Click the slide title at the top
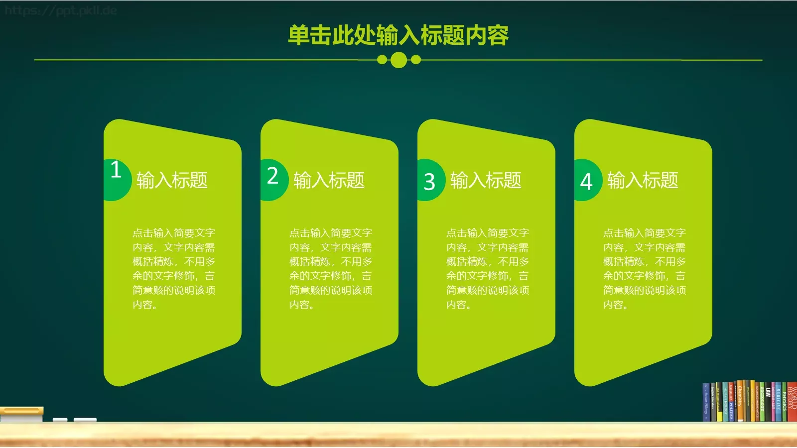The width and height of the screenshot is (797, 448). pos(398,35)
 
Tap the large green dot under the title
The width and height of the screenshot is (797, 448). pos(398,60)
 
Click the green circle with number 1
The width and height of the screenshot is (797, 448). pos(116,179)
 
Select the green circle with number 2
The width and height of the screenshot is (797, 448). pos(273,179)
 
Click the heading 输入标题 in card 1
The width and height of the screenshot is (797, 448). pos(172,180)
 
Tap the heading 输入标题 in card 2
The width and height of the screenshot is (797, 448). pos(329,180)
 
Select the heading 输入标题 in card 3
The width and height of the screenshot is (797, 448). pos(486,180)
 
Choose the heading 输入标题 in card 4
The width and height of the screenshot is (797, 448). pos(643,180)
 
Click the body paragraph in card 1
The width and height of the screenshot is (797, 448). pos(173,268)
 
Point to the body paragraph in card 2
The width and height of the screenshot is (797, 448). pos(330,268)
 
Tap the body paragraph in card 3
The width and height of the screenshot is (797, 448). pos(487,268)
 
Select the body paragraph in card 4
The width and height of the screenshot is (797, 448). pos(644,268)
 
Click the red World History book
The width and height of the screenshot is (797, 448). pos(792,401)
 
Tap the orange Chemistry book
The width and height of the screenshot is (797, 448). pos(740,401)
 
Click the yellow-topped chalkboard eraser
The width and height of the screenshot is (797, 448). pos(21,414)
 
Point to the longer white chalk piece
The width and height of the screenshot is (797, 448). pos(85,420)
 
